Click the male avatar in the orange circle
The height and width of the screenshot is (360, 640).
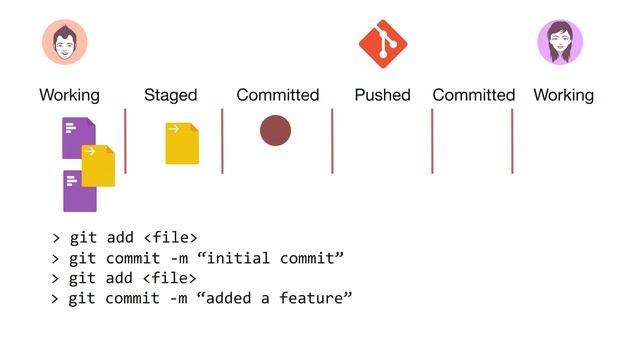(65, 42)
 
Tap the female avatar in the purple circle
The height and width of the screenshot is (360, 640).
(560, 42)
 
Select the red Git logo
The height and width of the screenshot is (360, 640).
(383, 43)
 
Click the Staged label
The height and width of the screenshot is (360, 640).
(171, 95)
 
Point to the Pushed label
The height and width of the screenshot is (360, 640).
(382, 95)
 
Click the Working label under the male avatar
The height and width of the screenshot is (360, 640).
(69, 95)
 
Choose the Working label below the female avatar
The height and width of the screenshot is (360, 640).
(564, 95)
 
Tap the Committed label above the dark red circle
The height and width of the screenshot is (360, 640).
(277, 95)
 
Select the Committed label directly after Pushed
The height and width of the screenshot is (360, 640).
(473, 95)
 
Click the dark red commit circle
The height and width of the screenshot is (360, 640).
(275, 130)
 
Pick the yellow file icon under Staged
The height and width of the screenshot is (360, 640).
(182, 143)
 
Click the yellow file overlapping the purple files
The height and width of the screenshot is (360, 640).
(98, 166)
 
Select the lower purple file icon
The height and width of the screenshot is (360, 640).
(79, 192)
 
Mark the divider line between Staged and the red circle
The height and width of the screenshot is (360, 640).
(223, 141)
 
